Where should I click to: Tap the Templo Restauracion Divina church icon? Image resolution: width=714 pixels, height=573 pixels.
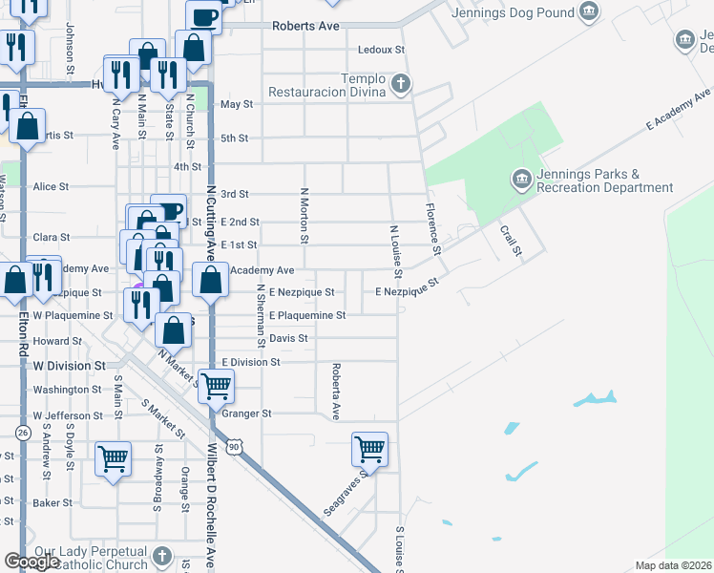pos(401,84)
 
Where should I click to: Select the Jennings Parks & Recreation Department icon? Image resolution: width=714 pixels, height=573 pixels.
pos(521,179)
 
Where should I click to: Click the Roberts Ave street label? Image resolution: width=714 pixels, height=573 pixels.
pos(305,27)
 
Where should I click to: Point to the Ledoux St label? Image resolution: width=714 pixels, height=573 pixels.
pos(381,50)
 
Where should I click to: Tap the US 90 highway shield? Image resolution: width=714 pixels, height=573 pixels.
pos(233,446)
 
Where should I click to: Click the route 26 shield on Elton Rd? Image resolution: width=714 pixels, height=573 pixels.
pos(22,433)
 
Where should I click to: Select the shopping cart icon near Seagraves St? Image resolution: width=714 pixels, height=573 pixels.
pos(369,447)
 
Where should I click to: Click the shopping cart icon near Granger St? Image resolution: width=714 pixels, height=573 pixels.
pos(217,384)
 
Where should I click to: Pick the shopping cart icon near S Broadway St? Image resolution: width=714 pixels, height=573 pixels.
pos(113,457)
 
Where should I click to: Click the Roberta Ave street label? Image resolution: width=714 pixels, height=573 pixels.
pos(336,391)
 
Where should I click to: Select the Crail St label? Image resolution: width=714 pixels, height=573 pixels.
pos(511,240)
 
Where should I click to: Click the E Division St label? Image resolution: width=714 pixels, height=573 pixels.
pos(251,363)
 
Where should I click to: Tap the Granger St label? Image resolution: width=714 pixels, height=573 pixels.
pos(247,414)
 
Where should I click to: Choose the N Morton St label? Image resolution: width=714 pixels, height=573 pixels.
pos(305,215)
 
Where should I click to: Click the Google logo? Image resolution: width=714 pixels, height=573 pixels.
pos(32,562)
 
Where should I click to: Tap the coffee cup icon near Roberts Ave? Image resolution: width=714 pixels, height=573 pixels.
pos(203,15)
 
